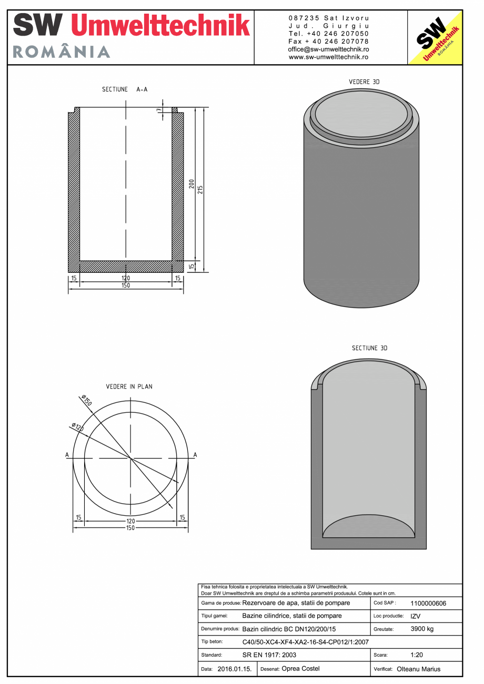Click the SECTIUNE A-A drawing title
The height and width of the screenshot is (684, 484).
[125, 89]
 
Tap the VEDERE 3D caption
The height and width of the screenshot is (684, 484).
[364, 82]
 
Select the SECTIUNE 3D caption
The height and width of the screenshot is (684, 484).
[369, 348]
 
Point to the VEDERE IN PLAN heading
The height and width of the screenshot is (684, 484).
[129, 386]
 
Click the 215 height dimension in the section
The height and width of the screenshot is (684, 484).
[200, 189]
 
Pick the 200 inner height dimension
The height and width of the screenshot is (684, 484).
[192, 184]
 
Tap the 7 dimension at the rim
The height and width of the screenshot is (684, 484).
[158, 109]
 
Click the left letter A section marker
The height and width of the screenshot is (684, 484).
[67, 455]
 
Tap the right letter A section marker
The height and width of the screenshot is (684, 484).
[195, 455]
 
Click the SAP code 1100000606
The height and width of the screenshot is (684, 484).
[428, 604]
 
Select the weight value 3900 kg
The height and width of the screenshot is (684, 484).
[422, 629]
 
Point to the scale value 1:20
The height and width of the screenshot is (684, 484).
[417, 655]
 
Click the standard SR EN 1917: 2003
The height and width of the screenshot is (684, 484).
[269, 655]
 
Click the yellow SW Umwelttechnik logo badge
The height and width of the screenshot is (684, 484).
[435, 37]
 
